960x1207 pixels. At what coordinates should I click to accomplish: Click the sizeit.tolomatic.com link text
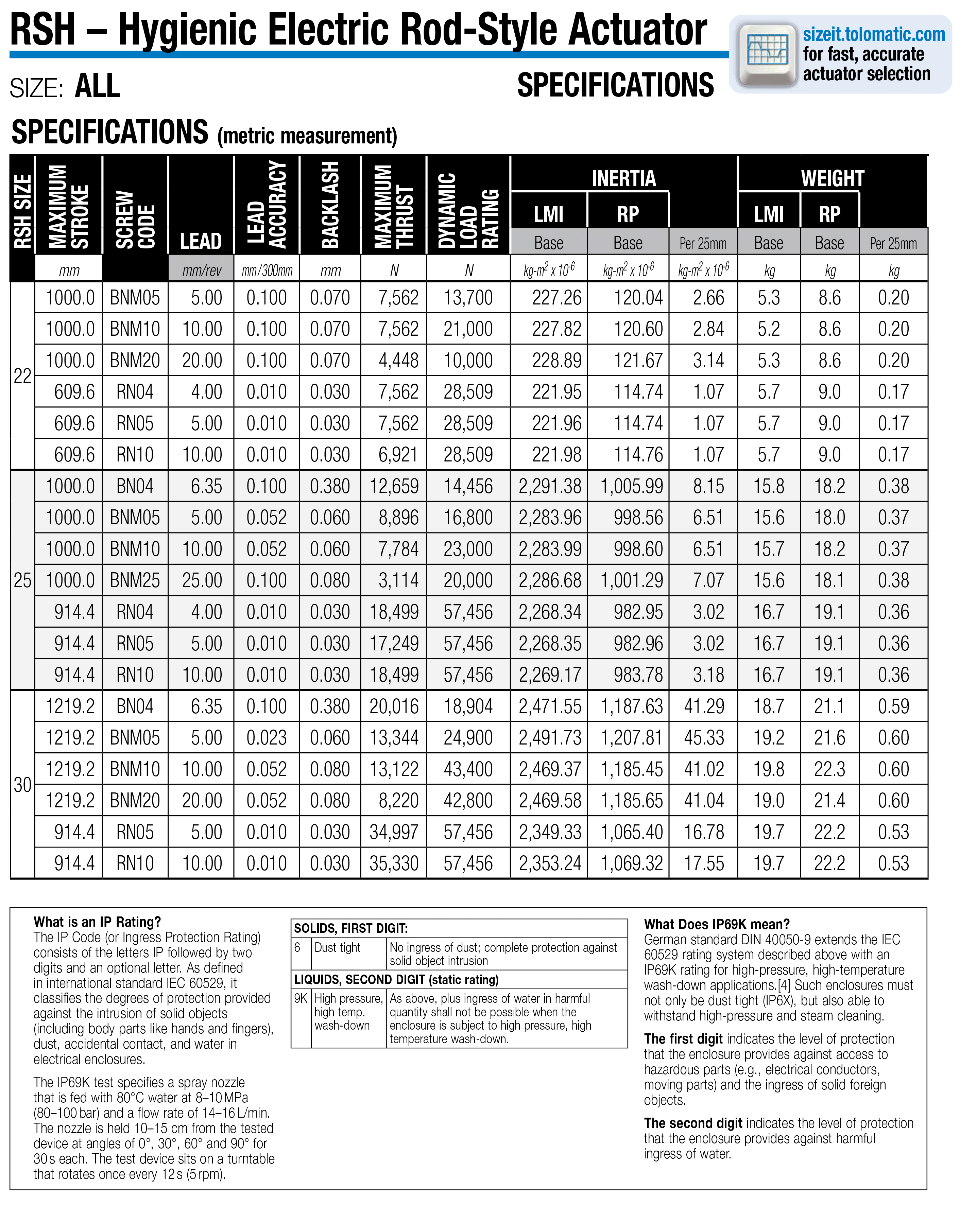873,35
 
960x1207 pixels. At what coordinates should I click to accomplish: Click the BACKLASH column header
330,205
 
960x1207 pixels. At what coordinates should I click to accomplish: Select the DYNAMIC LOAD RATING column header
468,210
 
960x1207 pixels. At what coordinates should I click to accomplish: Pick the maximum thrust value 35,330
394,863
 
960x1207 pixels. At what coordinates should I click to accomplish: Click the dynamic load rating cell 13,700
468,297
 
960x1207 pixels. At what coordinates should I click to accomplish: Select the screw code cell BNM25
135,580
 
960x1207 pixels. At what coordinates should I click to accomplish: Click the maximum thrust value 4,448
398,360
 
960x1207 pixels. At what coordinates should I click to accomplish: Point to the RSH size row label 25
22,580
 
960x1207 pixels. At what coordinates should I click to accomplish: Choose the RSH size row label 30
22,784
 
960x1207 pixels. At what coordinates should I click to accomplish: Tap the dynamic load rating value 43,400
468,769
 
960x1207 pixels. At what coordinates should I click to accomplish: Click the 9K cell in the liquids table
301,998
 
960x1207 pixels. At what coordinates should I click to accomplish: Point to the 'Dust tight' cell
337,947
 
